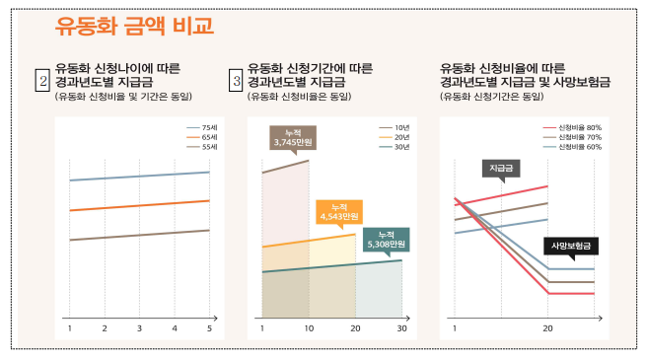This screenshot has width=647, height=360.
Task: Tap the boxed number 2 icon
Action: [42, 78]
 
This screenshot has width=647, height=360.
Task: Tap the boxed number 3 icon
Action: [236, 78]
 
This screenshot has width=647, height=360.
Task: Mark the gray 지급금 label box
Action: [502, 168]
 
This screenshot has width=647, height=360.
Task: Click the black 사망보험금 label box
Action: [573, 245]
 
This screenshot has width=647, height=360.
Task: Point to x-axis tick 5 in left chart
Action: [209, 327]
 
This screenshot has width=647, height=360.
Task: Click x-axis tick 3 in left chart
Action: [139, 327]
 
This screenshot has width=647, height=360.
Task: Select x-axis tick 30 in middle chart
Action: [401, 327]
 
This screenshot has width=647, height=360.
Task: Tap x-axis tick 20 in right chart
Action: [547, 327]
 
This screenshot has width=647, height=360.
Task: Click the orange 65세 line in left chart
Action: [139, 205]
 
